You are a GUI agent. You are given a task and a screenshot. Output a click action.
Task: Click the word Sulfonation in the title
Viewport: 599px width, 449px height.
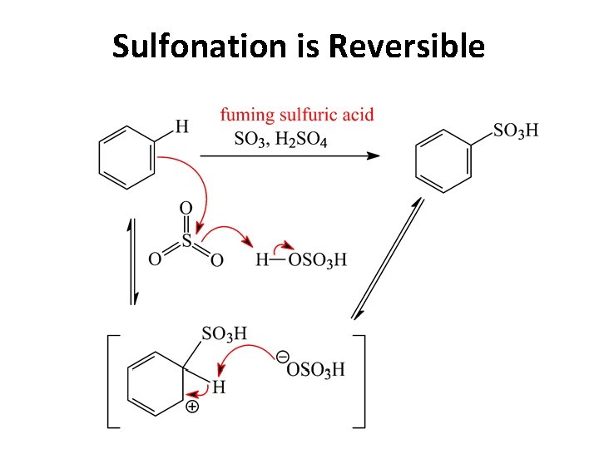(198, 46)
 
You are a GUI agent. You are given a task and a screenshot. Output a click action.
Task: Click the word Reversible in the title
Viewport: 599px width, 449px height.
(406, 46)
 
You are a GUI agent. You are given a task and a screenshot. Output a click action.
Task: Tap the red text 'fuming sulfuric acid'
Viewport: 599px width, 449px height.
(296, 116)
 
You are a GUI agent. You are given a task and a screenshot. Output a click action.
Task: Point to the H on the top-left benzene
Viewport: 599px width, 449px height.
(181, 126)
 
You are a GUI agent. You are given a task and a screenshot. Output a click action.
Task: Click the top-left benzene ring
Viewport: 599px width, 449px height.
(126, 157)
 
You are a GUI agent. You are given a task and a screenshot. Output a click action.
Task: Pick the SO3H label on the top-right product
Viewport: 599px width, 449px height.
(516, 130)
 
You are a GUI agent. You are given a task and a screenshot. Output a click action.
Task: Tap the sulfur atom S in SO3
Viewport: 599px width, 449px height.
(186, 240)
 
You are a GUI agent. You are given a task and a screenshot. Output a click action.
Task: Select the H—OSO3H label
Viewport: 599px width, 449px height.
(300, 260)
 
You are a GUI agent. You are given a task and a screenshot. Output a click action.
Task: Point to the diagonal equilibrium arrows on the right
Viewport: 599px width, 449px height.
(389, 257)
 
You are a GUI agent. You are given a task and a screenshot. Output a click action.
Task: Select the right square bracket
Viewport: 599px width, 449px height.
(360, 382)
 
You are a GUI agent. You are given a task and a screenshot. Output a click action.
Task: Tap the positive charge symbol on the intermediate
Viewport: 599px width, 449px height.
(191, 407)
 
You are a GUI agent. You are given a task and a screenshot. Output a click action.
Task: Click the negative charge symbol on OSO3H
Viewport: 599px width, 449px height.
(282, 356)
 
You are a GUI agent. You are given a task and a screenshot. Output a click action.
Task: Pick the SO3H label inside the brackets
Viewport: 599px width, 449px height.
(224, 333)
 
